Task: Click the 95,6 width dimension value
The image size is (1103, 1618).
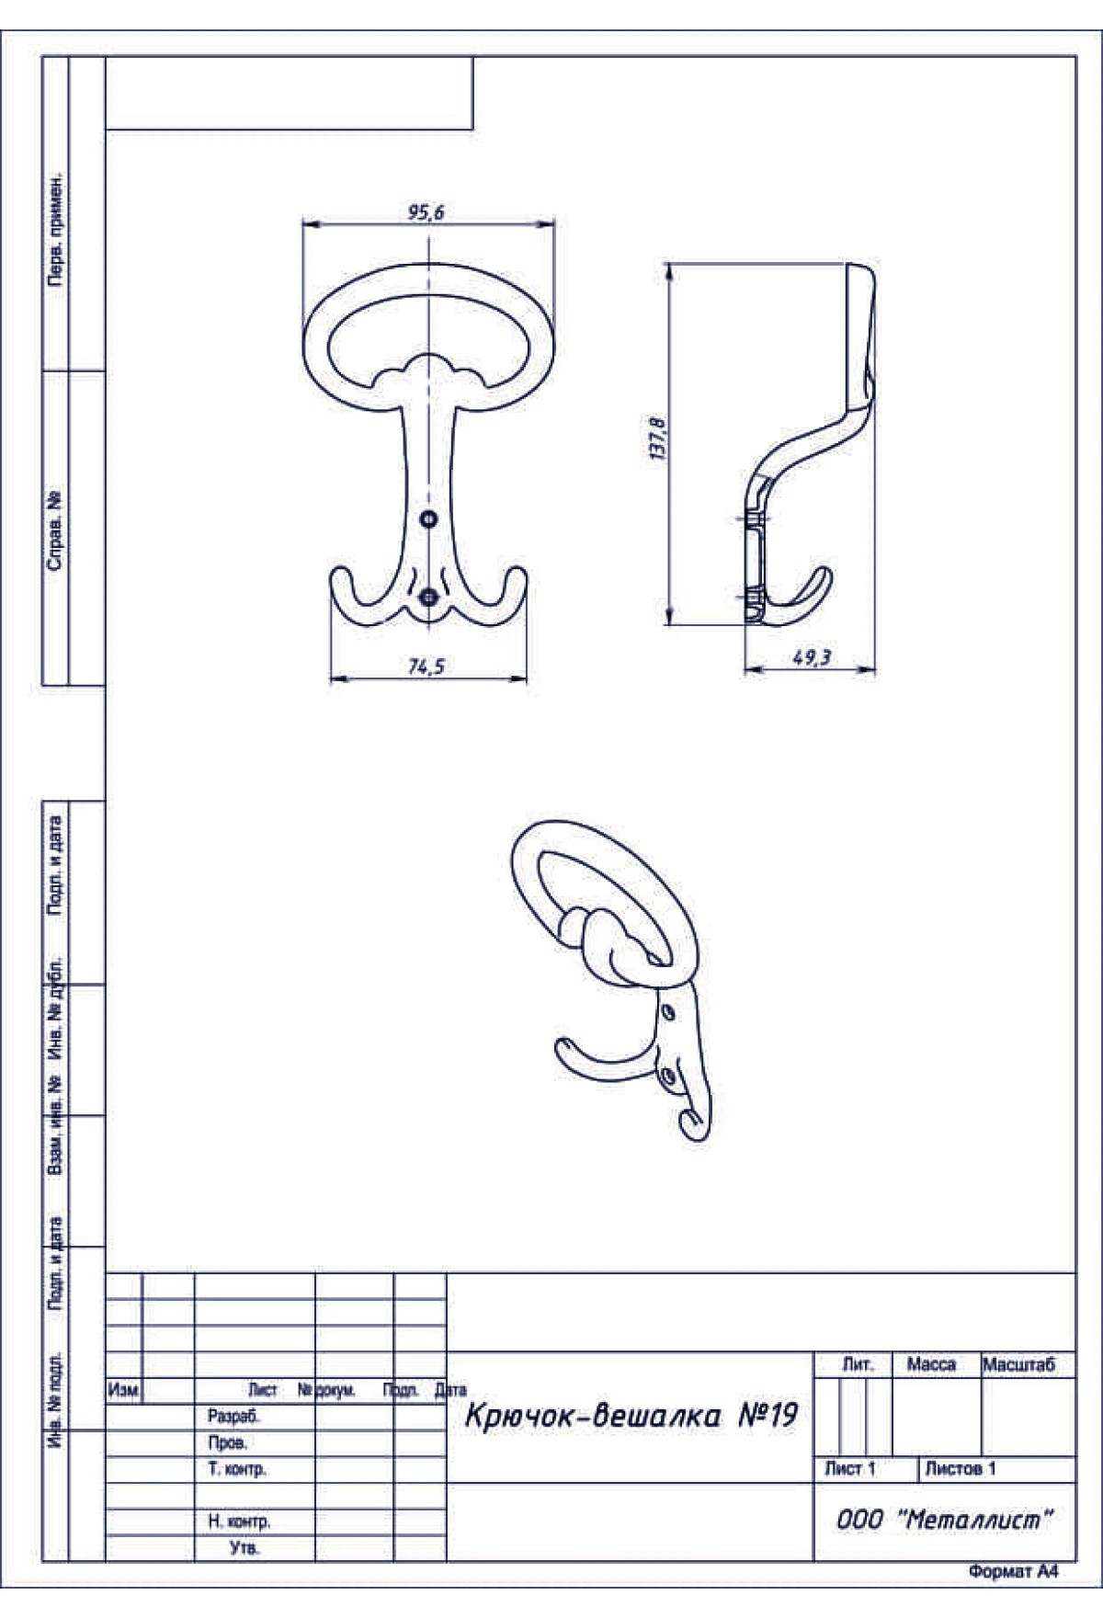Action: [426, 212]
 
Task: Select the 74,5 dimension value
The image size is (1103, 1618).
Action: [426, 667]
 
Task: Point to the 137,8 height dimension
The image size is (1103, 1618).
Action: [658, 439]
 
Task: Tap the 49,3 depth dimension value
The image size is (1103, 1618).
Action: [812, 658]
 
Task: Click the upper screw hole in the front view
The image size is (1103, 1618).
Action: [428, 519]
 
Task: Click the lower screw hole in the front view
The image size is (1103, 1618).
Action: [428, 598]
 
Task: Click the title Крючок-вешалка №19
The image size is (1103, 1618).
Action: [631, 1416]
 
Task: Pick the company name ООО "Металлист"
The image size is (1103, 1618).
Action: [944, 1520]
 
